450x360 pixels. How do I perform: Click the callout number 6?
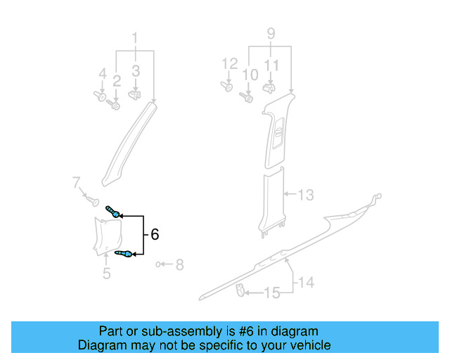155,234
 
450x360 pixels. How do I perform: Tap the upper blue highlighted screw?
114,210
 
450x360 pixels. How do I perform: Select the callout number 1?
136,38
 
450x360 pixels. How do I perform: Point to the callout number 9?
271,32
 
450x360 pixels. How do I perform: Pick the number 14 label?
304,283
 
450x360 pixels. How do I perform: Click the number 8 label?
179,265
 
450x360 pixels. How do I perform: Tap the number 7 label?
76,184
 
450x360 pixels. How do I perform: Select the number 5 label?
106,274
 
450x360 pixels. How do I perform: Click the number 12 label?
230,65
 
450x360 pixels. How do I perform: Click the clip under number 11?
268,89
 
